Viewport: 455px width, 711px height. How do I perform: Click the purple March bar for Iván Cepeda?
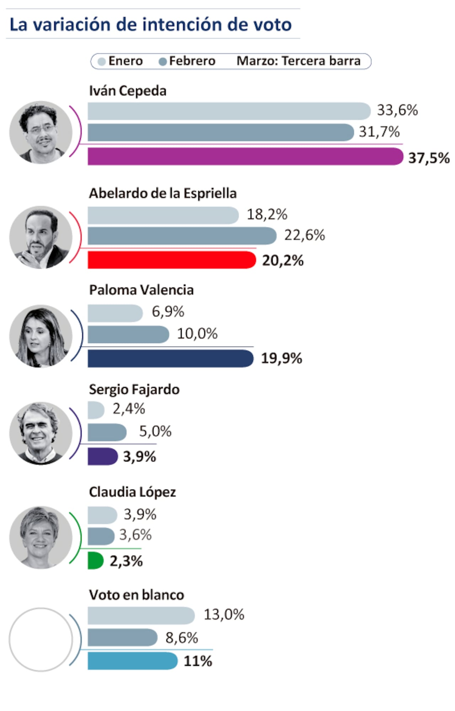click(245, 157)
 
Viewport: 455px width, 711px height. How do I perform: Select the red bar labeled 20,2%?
click(171, 260)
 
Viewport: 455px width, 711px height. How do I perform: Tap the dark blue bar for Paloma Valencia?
click(170, 358)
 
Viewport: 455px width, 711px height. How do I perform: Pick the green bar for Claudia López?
click(95, 560)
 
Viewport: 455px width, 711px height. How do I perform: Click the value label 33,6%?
click(397, 110)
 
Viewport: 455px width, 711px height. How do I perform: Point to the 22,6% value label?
click(304, 235)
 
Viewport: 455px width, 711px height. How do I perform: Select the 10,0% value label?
click(197, 334)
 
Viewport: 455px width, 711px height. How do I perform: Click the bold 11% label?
click(198, 661)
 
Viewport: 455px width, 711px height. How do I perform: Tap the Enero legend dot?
click(102, 62)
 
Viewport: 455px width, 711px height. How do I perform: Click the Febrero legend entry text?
click(192, 61)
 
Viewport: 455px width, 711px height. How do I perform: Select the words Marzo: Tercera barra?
click(298, 61)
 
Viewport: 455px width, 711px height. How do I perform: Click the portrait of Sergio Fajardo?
click(41, 433)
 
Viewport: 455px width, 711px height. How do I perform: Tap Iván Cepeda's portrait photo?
click(41, 132)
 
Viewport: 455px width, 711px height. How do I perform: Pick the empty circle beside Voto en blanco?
click(41, 639)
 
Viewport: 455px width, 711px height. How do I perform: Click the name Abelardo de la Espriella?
click(162, 193)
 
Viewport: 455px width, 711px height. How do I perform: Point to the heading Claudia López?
click(132, 492)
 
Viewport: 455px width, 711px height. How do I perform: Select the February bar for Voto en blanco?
click(122, 637)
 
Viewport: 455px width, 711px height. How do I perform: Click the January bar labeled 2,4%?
click(96, 410)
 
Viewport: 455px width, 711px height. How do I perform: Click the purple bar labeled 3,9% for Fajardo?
click(102, 456)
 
